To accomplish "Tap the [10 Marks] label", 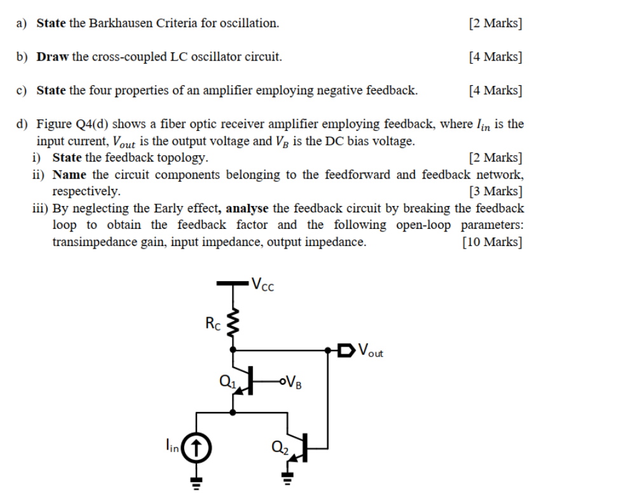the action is (493, 242).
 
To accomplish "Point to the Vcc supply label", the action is (262, 284).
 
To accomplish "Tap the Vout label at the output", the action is (371, 350).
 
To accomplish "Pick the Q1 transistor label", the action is (226, 382).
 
